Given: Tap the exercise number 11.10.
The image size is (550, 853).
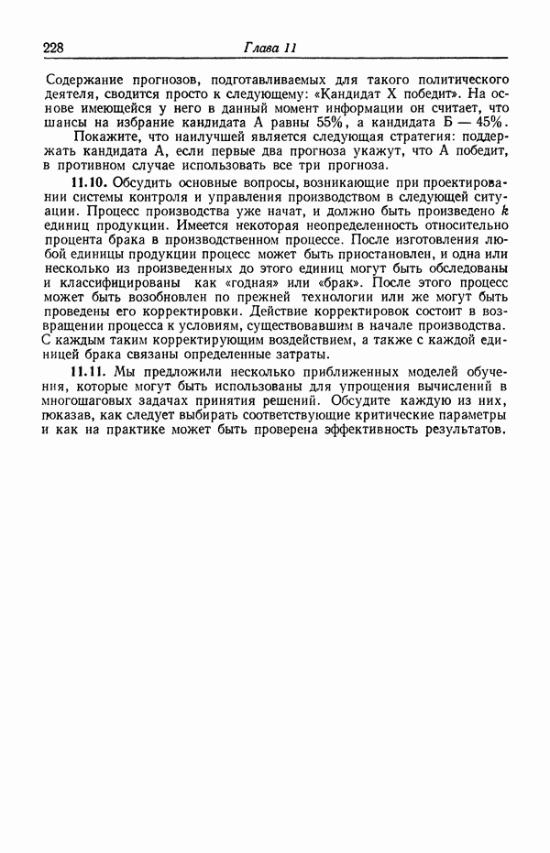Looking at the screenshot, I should tap(88, 184).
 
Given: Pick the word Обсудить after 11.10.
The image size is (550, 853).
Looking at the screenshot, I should tap(140, 184).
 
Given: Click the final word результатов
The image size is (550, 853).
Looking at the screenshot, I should tap(464, 432).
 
